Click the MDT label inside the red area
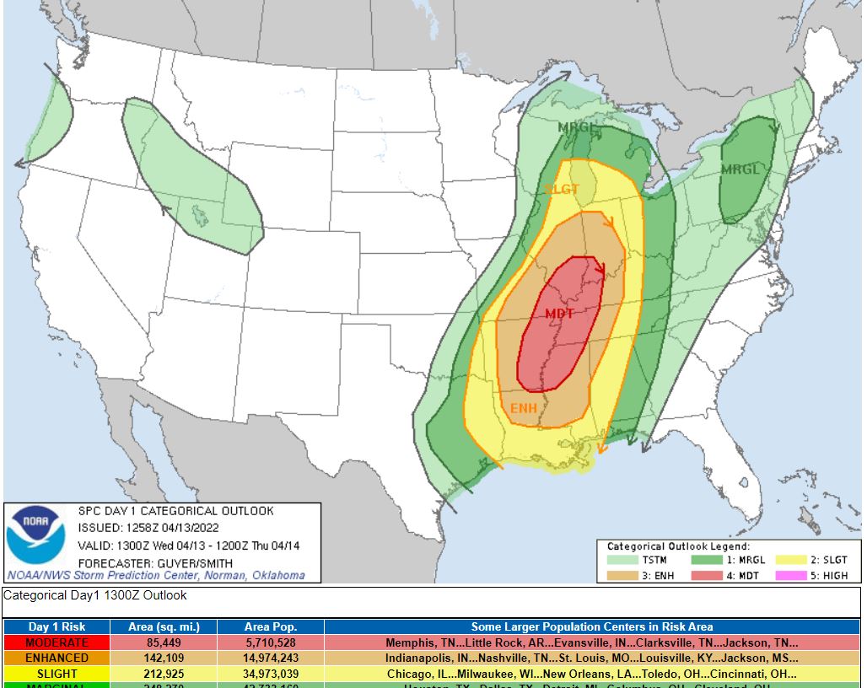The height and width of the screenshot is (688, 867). tap(559, 314)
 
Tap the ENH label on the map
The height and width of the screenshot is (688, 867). tap(524, 408)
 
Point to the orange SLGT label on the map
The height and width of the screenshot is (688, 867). tap(561, 189)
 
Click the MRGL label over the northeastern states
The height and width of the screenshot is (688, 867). tap(740, 169)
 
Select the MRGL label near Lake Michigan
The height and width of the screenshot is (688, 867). tap(578, 127)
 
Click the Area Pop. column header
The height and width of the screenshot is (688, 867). tap(270, 626)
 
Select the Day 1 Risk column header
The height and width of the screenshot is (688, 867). tap(57, 626)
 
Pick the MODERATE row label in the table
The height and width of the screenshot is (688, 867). tap(57, 642)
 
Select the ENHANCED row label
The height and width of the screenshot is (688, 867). tap(57, 658)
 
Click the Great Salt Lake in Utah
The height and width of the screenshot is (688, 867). tap(199, 214)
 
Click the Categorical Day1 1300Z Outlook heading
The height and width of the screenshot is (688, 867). tap(95, 595)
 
